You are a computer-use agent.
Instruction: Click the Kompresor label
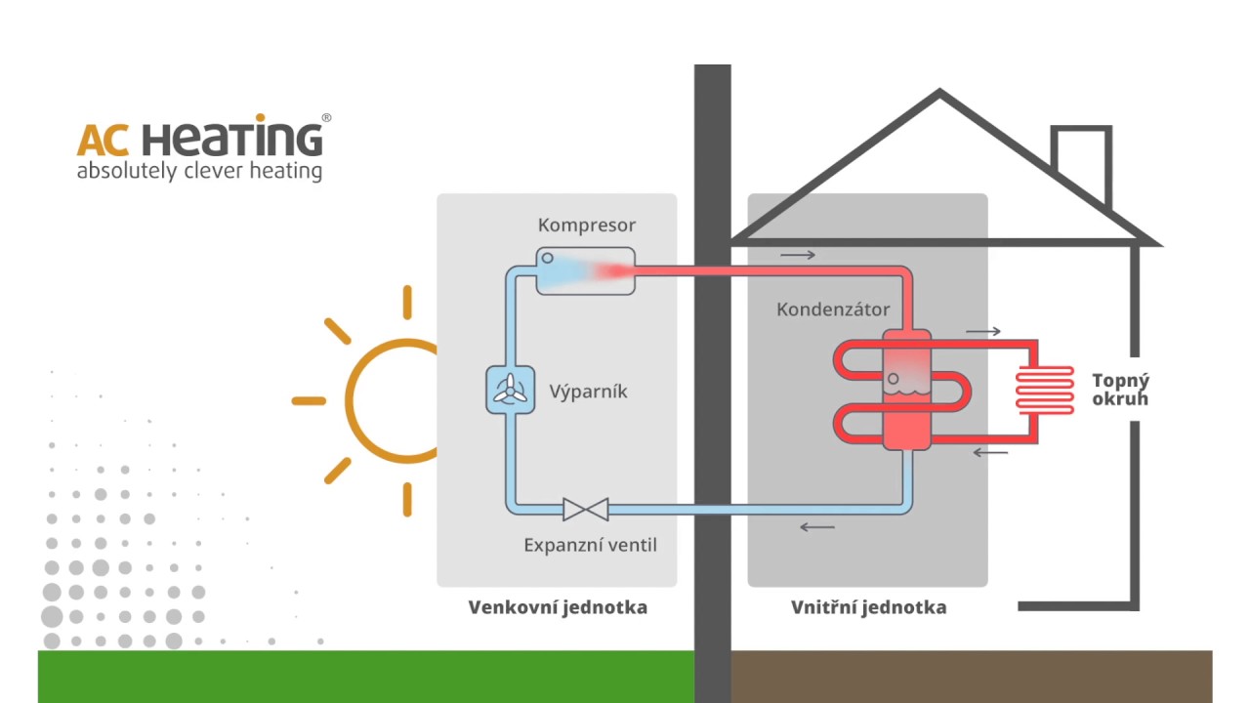click(586, 226)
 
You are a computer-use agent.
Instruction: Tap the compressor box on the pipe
click(585, 270)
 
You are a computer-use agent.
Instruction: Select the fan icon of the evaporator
click(510, 392)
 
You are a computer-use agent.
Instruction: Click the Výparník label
click(588, 392)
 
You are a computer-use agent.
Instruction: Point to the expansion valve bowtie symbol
click(585, 509)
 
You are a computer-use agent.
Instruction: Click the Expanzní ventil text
click(590, 545)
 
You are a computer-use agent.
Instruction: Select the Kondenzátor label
click(833, 310)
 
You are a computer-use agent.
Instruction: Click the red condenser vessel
click(906, 391)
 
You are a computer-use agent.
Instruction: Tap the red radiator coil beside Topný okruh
click(1044, 391)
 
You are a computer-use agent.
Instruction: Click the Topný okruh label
click(1120, 390)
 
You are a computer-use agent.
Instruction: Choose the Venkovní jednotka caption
click(558, 607)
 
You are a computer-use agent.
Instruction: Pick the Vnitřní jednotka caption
click(868, 607)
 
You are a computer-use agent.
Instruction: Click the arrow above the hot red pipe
click(797, 256)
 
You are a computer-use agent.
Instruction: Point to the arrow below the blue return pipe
click(817, 527)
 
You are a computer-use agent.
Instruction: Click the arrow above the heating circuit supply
click(983, 332)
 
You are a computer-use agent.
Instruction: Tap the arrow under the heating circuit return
click(990, 452)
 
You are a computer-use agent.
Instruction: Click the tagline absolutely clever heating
click(199, 172)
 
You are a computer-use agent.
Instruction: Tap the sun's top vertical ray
click(407, 302)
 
